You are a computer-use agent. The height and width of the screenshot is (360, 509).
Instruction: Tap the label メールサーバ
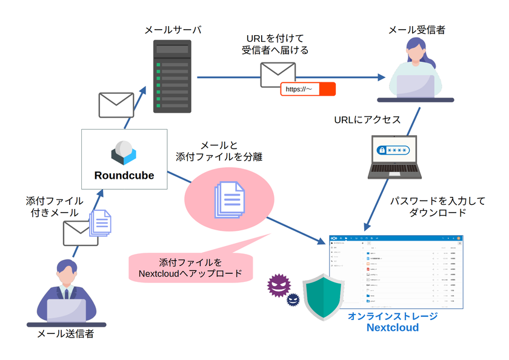173,30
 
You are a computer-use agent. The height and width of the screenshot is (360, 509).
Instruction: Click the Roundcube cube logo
124,152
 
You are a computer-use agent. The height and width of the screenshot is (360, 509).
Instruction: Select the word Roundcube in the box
124,176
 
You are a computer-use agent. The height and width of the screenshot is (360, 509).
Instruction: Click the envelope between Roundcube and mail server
116,104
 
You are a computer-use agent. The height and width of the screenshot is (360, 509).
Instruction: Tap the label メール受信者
418,30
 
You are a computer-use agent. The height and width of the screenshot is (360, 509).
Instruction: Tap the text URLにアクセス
367,119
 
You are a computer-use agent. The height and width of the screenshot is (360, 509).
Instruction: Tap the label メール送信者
65,333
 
